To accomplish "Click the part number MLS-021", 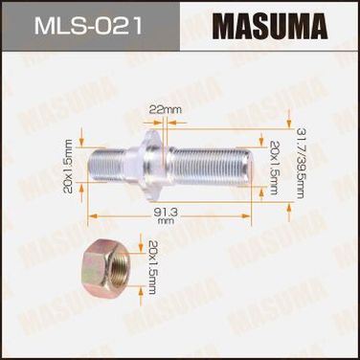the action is [88, 25].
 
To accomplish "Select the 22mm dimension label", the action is [166, 110].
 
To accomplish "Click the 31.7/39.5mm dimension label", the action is [300, 164].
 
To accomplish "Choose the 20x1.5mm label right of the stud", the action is [274, 168].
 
